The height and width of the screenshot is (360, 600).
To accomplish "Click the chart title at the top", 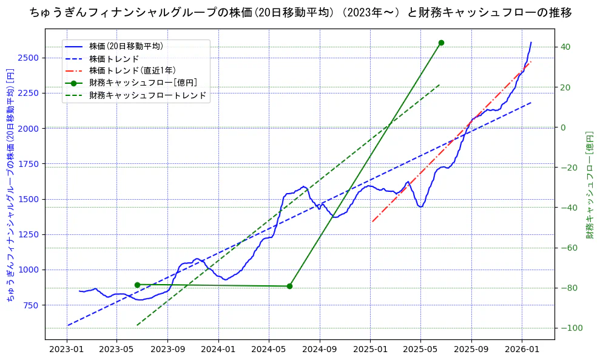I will [300, 12].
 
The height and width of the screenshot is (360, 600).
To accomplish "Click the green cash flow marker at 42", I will [441, 42].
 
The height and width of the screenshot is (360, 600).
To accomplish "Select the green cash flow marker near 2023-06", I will [137, 285].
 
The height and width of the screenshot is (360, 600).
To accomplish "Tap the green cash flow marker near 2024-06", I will [289, 286].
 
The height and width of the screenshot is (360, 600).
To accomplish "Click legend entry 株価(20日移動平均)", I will [126, 46].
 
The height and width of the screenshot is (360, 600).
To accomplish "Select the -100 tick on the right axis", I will [568, 328].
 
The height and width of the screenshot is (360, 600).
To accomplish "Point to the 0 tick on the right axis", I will [562, 127].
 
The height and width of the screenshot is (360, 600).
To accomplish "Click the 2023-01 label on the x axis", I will [66, 350].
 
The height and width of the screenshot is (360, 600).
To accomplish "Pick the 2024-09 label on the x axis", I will [319, 350].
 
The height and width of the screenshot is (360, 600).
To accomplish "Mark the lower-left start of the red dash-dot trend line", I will [372, 222].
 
